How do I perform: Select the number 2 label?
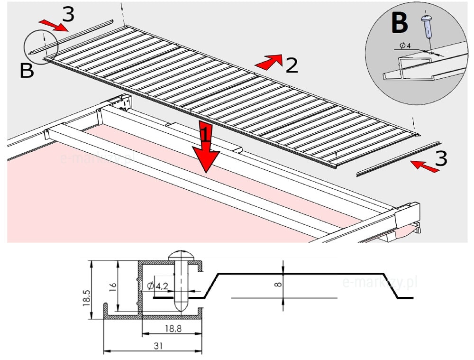pos(291,65)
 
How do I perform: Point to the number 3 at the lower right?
pos(440,158)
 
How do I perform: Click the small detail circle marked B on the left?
pos(41,46)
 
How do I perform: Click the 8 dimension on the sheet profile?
pos(278,285)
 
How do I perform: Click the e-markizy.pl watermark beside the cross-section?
pos(379,283)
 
